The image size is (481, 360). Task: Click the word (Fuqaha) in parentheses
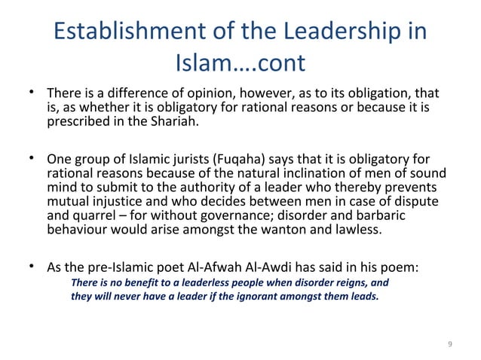241,159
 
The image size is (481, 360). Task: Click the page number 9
450,344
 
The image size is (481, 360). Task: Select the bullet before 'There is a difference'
32,93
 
